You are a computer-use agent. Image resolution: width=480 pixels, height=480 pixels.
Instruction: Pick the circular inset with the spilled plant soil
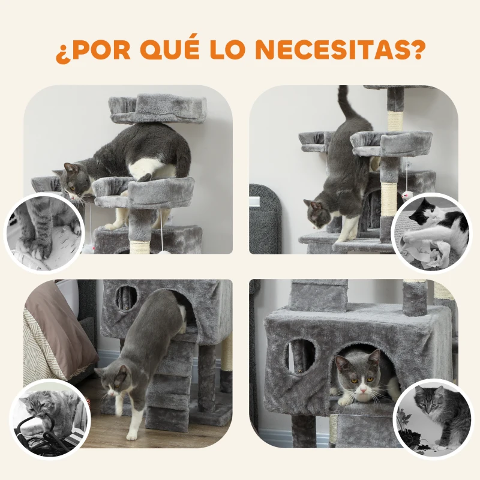pos(433,418)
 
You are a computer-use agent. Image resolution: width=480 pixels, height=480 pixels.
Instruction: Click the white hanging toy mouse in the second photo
pos(407,195)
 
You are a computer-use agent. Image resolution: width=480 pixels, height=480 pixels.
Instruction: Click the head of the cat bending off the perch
pos(76,179)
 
